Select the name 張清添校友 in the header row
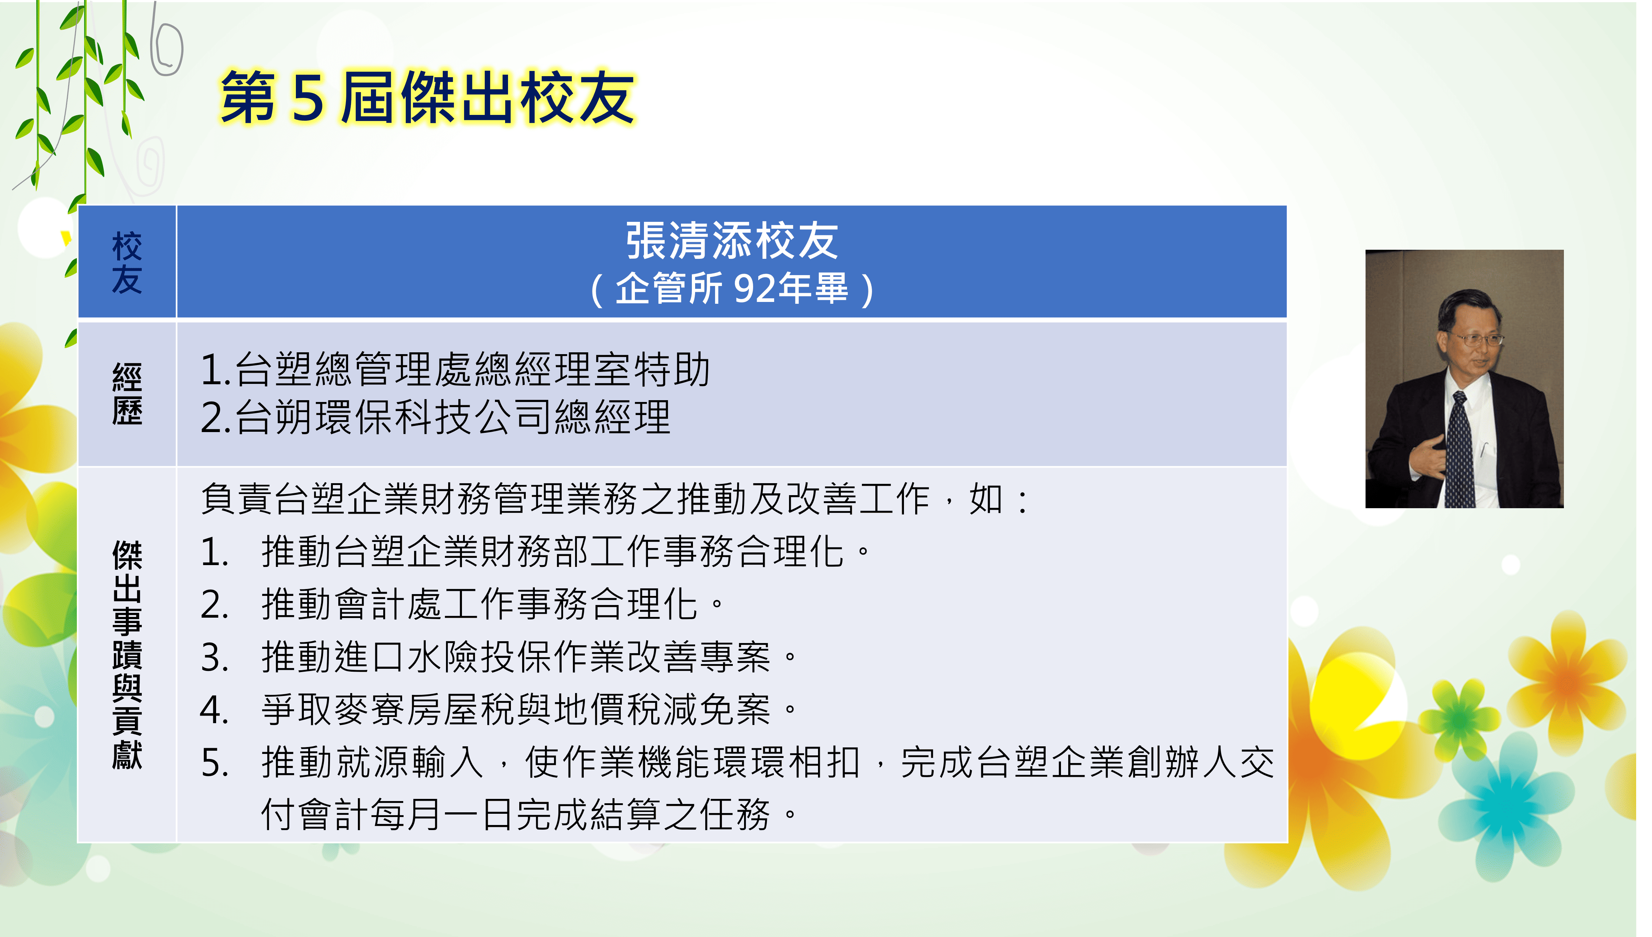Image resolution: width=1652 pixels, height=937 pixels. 732,241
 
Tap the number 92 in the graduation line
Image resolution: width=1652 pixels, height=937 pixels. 754,288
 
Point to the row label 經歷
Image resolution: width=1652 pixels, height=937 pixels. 127,394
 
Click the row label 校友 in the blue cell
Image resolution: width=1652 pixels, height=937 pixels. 127,262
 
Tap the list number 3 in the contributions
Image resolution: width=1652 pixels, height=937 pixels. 214,658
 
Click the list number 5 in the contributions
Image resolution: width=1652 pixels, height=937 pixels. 214,763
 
